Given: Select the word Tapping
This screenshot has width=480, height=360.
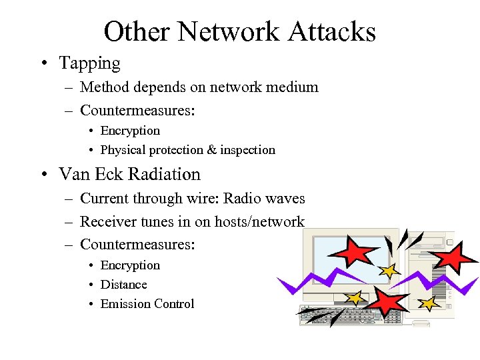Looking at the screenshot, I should click(89, 63).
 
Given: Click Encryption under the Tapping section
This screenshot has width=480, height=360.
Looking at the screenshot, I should click(130, 131).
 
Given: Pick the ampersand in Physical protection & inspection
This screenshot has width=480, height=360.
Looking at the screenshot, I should click(213, 150).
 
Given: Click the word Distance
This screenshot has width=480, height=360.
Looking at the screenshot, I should click(123, 285).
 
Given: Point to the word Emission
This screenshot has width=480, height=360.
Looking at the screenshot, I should click(125, 304).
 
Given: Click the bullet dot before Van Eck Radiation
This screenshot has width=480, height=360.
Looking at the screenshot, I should click(44, 175).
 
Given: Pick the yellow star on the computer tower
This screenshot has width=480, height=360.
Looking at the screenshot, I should click(429, 304).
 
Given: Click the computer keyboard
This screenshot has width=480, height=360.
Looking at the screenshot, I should click(333, 315).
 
